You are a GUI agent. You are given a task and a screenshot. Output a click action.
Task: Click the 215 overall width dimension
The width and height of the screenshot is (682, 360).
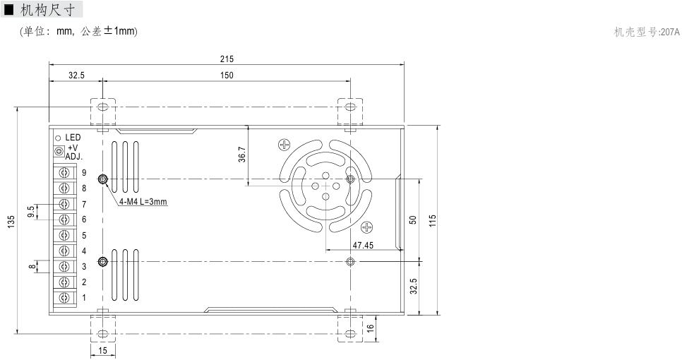[x=227, y=59]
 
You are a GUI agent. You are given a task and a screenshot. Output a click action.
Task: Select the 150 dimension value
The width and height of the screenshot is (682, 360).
[x=227, y=76]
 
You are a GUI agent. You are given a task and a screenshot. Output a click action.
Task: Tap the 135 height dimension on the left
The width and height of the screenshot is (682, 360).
[x=11, y=222]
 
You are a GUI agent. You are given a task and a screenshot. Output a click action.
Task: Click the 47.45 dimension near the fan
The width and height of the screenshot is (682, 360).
[x=363, y=245]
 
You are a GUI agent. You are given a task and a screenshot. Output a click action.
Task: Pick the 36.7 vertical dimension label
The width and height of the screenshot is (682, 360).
[x=242, y=155]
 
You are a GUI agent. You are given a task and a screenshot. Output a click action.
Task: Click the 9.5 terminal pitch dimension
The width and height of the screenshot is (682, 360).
[x=31, y=212]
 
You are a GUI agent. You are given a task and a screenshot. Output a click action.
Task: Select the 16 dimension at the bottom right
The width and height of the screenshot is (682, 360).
[x=371, y=328]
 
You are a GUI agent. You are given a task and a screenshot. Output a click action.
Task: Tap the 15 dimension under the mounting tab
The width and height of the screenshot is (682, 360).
[x=102, y=351]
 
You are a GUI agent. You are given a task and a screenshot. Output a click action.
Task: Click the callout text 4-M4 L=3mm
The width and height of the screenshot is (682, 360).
[x=143, y=202]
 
